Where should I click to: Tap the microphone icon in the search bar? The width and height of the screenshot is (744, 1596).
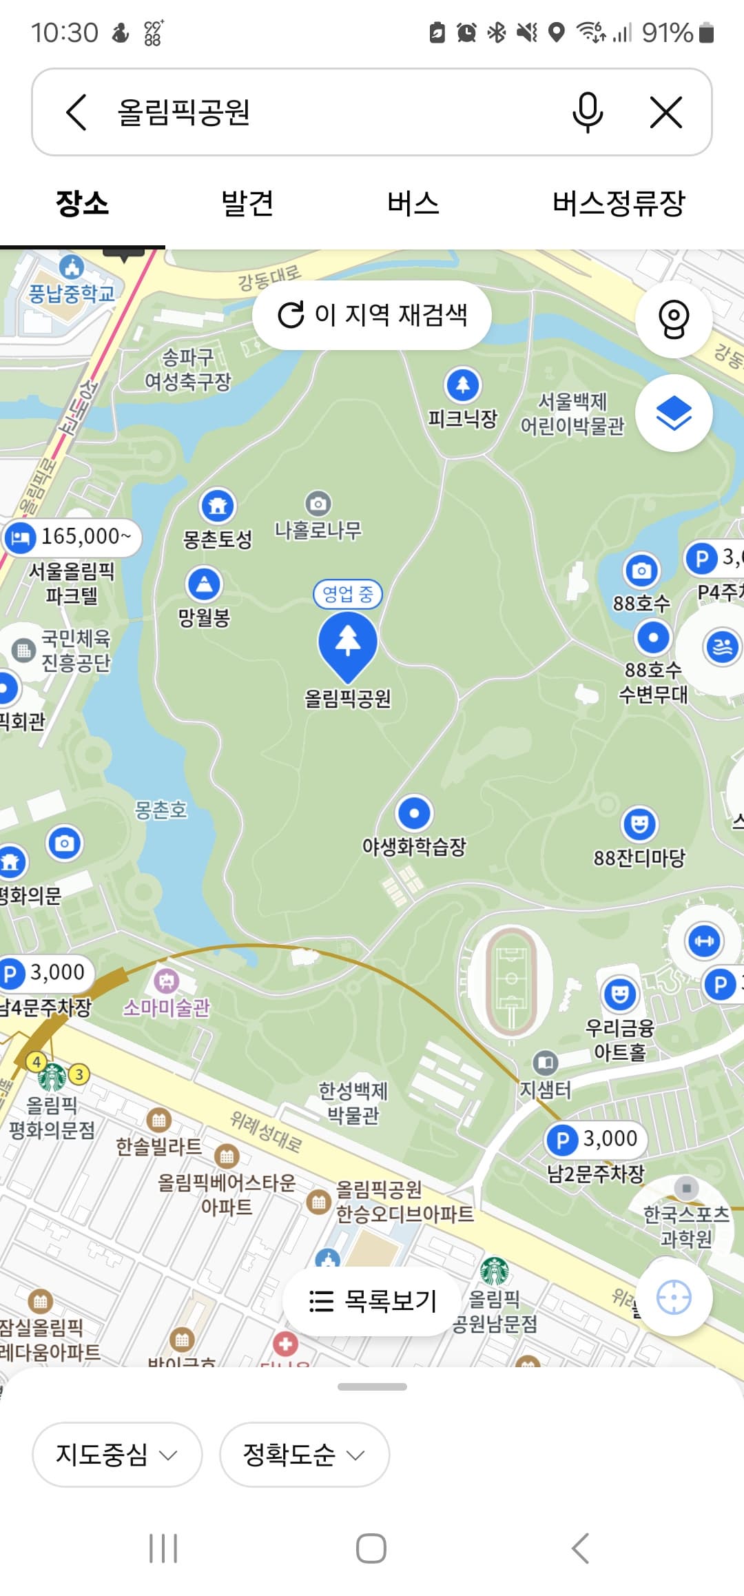587,112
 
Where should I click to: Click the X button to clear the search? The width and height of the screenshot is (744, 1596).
665,112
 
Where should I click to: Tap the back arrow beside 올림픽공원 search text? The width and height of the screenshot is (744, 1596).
76,112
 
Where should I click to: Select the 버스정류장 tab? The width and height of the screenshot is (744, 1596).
618,203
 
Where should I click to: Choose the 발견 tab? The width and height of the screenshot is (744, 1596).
247,203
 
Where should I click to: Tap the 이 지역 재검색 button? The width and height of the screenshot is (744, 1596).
372,315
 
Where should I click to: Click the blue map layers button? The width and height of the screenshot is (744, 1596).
673,413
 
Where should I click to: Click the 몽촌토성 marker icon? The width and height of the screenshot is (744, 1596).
218,507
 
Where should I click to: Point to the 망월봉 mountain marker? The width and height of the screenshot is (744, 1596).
205,584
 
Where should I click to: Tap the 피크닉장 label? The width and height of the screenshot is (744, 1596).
462,418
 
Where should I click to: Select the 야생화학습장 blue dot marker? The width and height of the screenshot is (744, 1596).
414,814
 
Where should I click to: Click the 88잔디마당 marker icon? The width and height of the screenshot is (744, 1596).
639,824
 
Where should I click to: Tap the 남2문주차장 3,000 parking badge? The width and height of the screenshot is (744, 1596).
596,1139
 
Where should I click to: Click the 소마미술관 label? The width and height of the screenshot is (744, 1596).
167,1007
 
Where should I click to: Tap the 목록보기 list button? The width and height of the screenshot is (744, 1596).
372,1301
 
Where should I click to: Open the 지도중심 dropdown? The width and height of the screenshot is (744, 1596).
116,1455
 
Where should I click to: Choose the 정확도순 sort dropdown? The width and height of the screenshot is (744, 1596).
304,1455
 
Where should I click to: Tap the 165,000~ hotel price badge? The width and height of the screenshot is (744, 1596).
72,537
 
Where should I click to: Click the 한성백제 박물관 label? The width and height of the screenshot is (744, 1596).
353,1103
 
